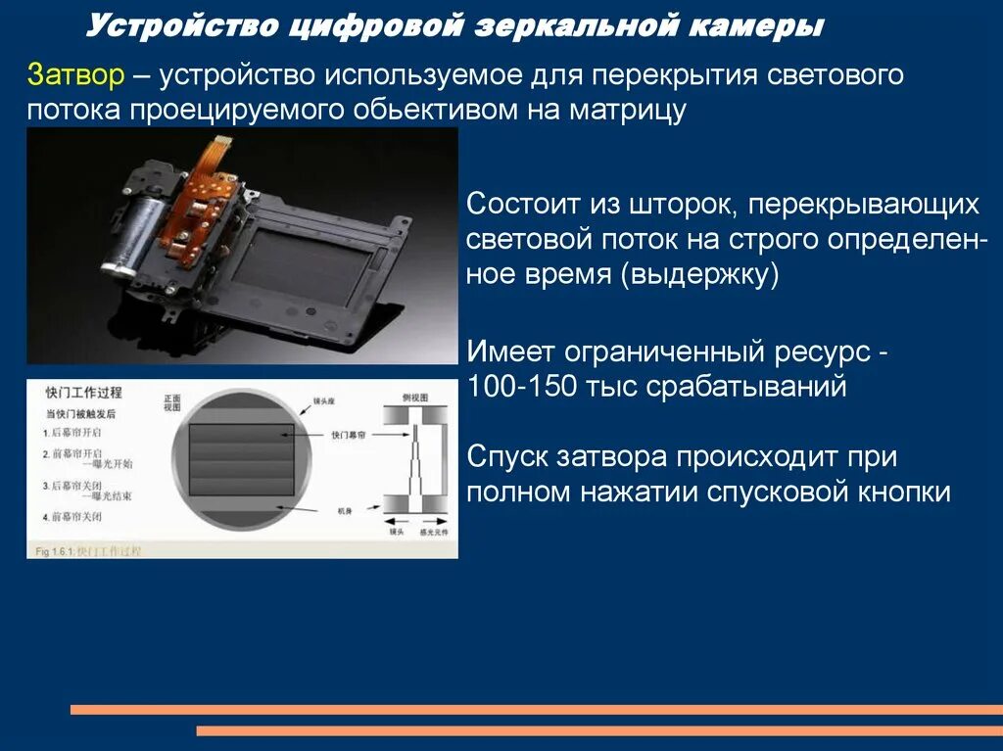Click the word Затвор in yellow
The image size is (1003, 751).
coord(74,74)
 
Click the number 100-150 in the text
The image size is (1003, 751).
coord(523,386)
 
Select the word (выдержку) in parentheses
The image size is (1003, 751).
coord(699,274)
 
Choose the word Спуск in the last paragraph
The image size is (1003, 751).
coord(508,456)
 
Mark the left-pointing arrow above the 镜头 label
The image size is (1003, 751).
coord(392,520)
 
